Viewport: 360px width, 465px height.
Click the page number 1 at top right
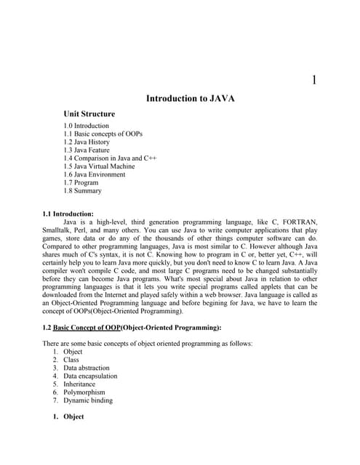pos(313,80)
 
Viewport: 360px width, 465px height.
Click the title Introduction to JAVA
pos(191,98)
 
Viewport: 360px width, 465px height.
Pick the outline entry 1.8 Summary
pos(82,191)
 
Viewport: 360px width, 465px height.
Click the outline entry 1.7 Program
pos(81,183)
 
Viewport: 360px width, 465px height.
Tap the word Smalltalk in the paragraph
pos(59,232)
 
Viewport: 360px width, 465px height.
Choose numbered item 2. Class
pos(71,360)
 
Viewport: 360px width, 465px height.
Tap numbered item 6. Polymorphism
pos(84,392)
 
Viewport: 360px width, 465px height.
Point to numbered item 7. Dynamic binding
pos(87,400)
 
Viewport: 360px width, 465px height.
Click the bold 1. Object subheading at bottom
pos(73,417)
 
